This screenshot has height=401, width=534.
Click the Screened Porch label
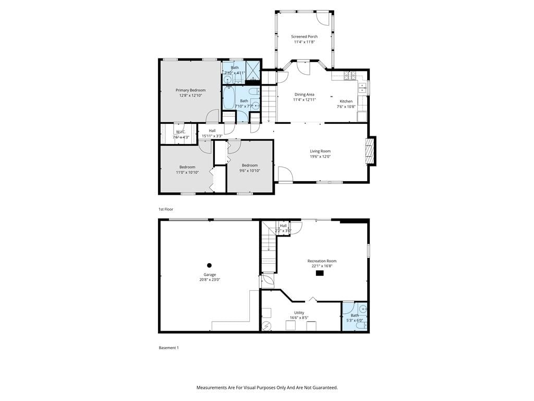click(x=304, y=37)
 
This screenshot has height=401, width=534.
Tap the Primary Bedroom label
click(x=190, y=90)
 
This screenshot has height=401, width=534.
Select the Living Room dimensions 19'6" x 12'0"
click(x=320, y=157)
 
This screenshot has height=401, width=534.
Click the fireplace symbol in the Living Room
click(x=370, y=151)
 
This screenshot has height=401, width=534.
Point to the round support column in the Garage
click(x=210, y=265)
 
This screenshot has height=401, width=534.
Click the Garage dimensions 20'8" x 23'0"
click(x=210, y=280)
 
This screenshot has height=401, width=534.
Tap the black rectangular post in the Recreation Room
click(x=320, y=273)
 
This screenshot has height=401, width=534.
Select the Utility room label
click(x=299, y=313)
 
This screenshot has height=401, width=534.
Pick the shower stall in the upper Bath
click(x=253, y=70)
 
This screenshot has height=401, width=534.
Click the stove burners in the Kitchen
click(x=350, y=75)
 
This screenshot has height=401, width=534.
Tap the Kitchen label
click(x=346, y=101)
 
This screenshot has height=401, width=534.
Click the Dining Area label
click(x=304, y=95)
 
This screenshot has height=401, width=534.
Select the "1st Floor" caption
click(x=166, y=209)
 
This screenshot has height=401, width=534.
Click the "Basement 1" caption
click(x=168, y=348)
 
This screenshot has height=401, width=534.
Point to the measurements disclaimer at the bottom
click(x=267, y=388)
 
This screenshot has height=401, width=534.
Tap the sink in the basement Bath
click(x=363, y=310)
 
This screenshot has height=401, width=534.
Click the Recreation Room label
click(x=322, y=261)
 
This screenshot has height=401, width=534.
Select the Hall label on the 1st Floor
click(x=212, y=131)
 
